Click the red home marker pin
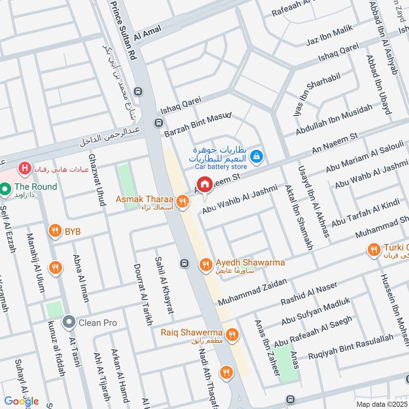click(204, 185)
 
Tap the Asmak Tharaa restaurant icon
click(181, 203)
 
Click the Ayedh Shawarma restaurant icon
click(206, 264)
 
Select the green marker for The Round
click(6, 190)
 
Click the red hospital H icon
click(24, 168)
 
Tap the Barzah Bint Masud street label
click(198, 124)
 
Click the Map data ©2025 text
click(381, 404)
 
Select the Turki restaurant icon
click(373, 249)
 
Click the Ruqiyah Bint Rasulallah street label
click(351, 346)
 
